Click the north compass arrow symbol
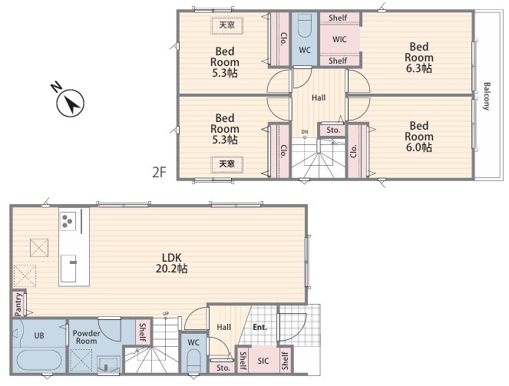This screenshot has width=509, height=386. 71,103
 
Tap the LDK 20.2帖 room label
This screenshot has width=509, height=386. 171,263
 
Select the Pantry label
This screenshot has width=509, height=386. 18,304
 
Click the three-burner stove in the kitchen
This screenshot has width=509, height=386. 68,221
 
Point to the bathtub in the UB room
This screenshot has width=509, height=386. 39,361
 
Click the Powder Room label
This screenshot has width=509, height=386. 86,337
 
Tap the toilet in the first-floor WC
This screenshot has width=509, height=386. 193,361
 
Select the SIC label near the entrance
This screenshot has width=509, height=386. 263,361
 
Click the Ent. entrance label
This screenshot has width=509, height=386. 259,327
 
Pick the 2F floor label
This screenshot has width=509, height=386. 159,172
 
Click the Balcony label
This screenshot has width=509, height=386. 487,97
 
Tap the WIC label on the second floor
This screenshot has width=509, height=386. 339,40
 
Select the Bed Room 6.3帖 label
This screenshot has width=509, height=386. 418,58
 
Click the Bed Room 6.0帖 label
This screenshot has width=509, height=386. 418,137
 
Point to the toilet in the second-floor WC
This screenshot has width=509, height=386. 305,25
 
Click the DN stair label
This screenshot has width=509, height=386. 305,132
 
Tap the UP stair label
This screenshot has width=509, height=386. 166,314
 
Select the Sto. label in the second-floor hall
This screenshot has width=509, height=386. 333,130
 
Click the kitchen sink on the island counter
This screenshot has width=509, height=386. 68,269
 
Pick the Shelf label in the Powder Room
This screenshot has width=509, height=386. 143,332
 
